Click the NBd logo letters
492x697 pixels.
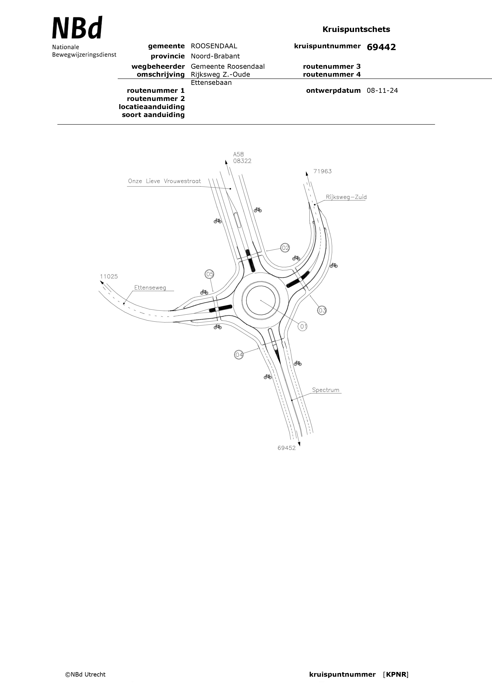[x=77, y=28]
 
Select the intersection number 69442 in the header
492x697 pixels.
[x=381, y=47]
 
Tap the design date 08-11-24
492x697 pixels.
[x=382, y=90]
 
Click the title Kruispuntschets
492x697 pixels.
[x=356, y=29]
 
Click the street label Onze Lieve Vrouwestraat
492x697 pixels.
[x=164, y=181]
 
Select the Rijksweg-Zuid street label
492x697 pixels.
[x=346, y=197]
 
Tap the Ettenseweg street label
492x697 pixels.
[x=150, y=287]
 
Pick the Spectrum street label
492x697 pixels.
[x=325, y=390]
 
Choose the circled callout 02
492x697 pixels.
[x=285, y=248]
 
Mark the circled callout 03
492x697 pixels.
[x=322, y=310]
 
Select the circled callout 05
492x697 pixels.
[x=209, y=274]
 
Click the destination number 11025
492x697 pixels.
[x=109, y=276]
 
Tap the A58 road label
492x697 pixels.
[x=238, y=154]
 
